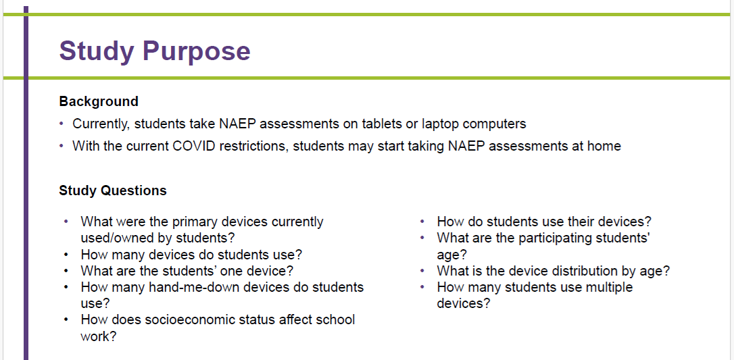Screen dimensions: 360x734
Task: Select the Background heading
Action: (x=99, y=101)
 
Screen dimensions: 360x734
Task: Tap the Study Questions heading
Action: (x=113, y=190)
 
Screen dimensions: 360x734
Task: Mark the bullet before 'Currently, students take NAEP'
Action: (x=62, y=124)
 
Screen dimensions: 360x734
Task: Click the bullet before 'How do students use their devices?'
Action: (x=422, y=222)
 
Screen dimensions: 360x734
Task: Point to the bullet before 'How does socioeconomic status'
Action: (x=66, y=319)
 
